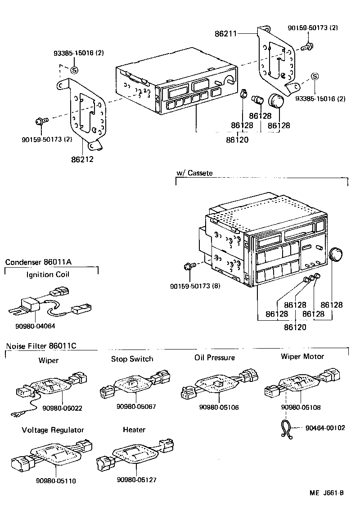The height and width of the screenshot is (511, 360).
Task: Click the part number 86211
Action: click(227, 33)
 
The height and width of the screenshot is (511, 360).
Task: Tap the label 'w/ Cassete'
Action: click(194, 173)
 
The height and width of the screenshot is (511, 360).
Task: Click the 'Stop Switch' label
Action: click(132, 359)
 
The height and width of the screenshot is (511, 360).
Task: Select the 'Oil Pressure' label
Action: click(215, 358)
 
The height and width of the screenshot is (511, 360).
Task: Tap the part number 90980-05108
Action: click(301, 407)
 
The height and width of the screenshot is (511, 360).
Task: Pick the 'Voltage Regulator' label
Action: click(53, 430)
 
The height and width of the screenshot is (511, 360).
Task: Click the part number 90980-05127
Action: click(136, 480)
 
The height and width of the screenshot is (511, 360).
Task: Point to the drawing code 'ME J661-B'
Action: click(327, 493)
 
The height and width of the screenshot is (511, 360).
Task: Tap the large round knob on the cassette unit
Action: click(336, 254)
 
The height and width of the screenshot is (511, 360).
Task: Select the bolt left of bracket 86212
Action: click(39, 121)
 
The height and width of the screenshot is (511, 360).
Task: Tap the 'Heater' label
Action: click(134, 430)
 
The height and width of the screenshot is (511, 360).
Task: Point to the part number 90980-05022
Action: click(63, 408)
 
